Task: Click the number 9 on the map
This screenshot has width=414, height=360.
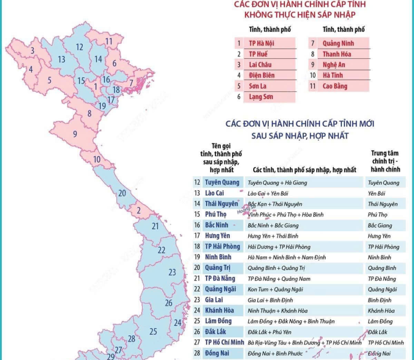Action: [x=75, y=133]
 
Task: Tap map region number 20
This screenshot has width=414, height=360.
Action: [x=122, y=193]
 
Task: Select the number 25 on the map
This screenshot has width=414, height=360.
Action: [x=153, y=331]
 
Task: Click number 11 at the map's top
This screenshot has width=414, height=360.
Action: [x=109, y=41]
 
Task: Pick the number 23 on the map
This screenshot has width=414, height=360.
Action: [x=172, y=272]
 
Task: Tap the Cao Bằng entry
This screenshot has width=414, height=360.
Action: [x=336, y=86]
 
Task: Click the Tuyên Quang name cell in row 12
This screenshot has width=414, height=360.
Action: [x=222, y=182]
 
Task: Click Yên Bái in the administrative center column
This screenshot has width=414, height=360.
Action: [x=377, y=193]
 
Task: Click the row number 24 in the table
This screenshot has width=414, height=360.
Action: [x=196, y=311]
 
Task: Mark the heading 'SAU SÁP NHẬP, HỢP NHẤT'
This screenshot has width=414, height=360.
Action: [x=300, y=136]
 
